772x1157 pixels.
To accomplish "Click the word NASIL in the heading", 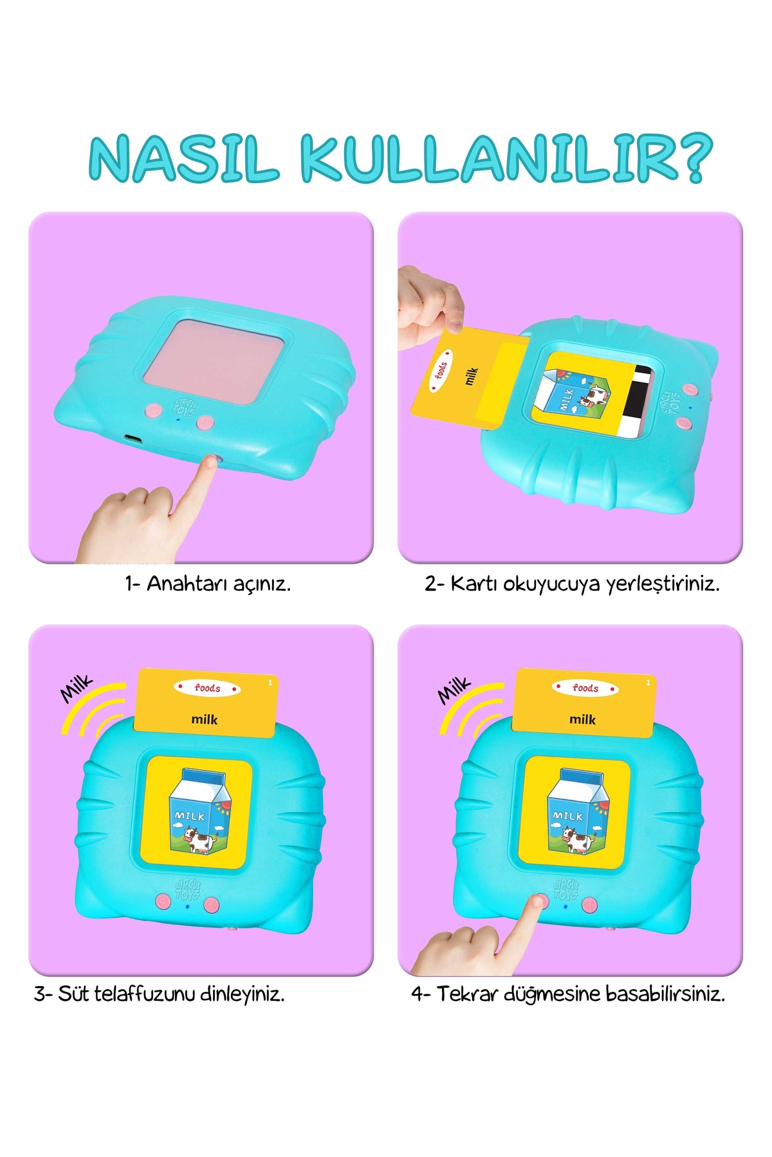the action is [184, 158].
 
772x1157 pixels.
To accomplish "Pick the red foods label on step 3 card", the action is [207, 688].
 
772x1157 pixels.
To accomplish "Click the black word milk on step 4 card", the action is [582, 719].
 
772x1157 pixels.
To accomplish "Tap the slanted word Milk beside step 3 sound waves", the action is [77, 688].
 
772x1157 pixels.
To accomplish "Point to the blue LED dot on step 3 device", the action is [187, 906].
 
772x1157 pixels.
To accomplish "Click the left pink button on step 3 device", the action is [163, 901].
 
